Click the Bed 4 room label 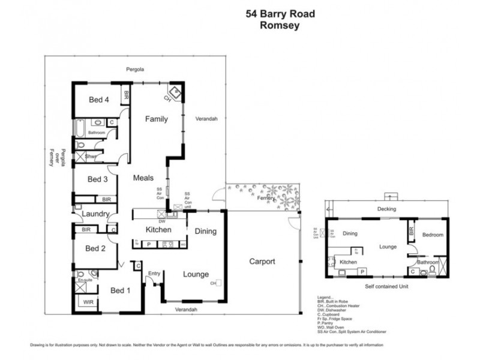98,100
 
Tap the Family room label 156,119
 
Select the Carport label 262,262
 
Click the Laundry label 95,214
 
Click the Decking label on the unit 388,209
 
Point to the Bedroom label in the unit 431,235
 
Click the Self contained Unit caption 388,287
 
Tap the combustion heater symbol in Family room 175,92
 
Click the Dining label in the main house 206,231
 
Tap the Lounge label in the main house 196,275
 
